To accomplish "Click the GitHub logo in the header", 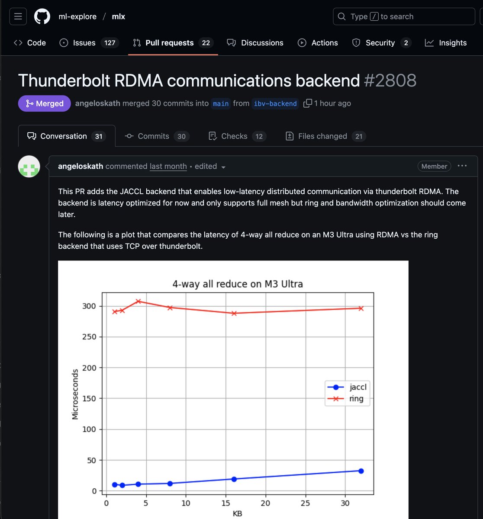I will click(42, 16).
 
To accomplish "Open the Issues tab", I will click(84, 43).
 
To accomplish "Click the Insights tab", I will click(446, 43).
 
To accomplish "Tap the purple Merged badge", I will click(44, 103).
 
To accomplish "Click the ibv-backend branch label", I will click(275, 104).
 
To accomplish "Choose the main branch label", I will click(221, 104).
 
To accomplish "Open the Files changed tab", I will click(322, 136).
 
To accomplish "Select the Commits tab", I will click(153, 136).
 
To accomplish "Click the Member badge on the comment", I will click(434, 166).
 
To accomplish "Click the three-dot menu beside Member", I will click(462, 166).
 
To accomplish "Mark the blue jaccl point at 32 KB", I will click(361, 471).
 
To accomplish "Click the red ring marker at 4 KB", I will click(138, 301).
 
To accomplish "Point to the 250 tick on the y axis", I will click(89, 337).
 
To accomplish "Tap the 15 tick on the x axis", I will click(225, 503).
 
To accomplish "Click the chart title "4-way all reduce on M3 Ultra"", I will click(238, 284).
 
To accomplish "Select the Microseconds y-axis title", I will click(75, 394).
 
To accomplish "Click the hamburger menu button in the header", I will click(18, 16).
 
